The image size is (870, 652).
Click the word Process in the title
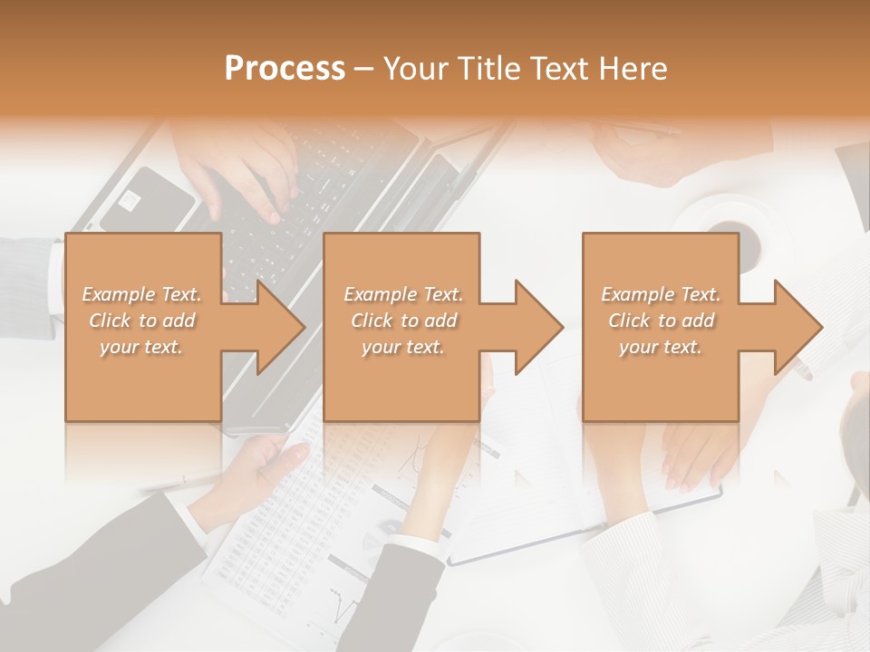tap(285, 69)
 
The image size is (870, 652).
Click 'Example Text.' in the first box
tap(141, 294)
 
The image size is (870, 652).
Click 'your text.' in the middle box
tap(402, 347)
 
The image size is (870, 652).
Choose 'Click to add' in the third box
tap(662, 321)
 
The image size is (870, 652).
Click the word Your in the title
tap(415, 69)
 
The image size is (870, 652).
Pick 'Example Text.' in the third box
tap(662, 294)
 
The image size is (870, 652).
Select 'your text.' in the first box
tap(141, 347)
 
